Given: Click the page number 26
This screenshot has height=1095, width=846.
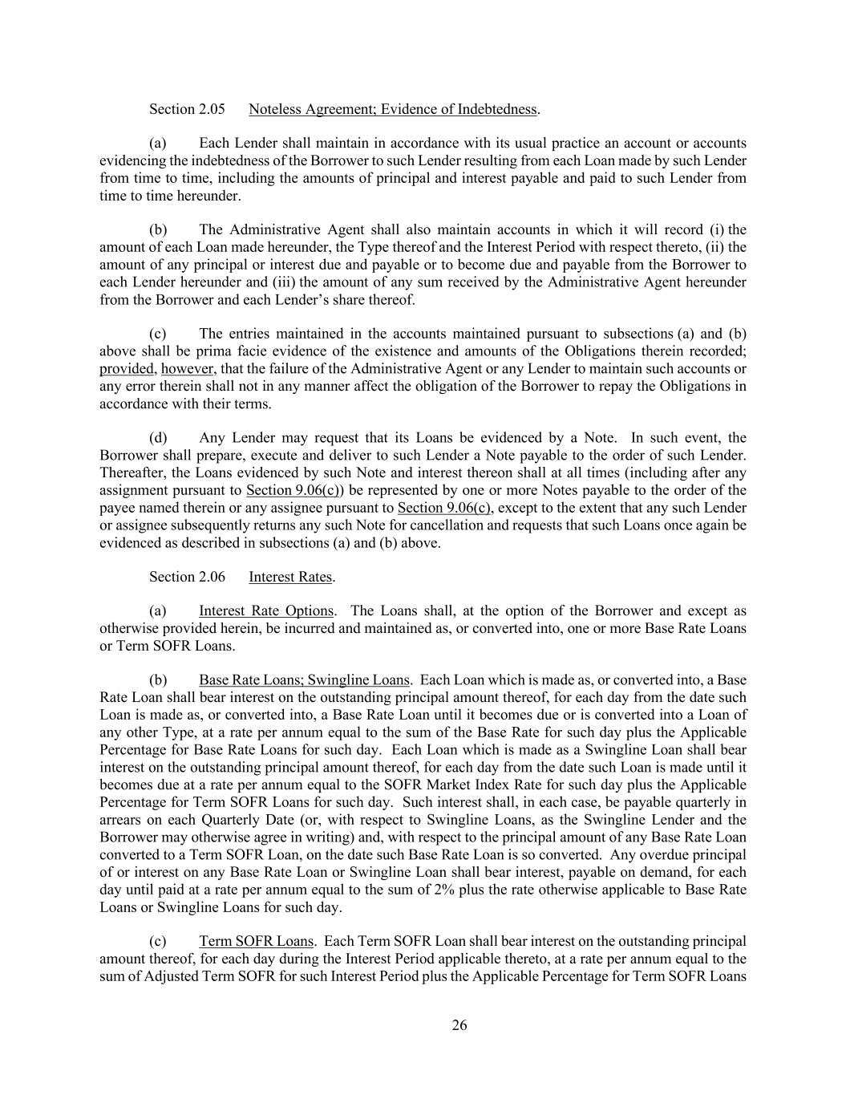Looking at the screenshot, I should pyautogui.click(x=459, y=1025).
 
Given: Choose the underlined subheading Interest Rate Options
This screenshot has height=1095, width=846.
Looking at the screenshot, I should pyautogui.click(x=267, y=611).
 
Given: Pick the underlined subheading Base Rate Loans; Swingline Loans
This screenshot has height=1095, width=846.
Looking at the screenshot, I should pyautogui.click(x=304, y=680).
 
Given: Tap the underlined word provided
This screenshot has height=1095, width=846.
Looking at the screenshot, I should pyautogui.click(x=128, y=369).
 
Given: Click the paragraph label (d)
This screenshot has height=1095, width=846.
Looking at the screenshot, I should pyautogui.click(x=159, y=438).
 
